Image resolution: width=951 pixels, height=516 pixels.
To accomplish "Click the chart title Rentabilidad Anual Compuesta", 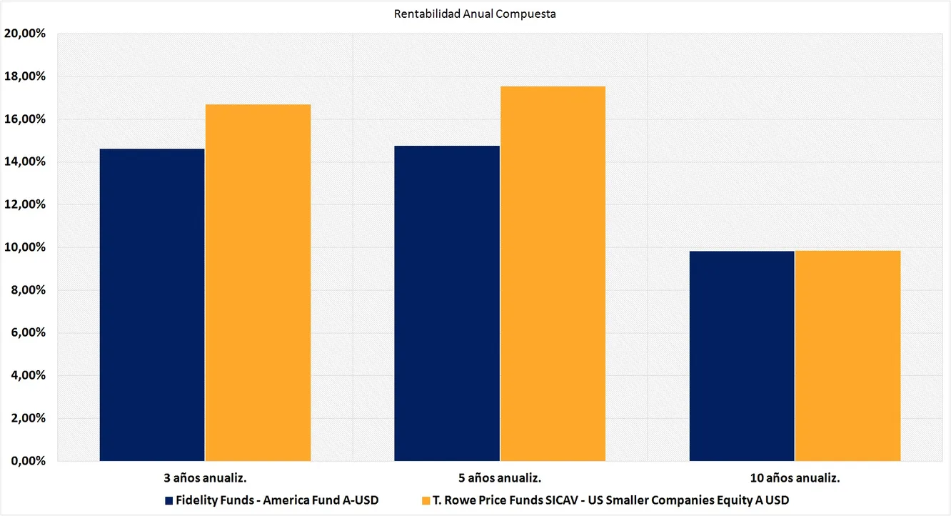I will click(475, 14).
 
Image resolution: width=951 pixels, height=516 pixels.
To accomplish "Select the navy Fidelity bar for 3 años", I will click(152, 304).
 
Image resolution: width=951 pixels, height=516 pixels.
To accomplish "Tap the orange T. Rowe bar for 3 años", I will click(258, 282).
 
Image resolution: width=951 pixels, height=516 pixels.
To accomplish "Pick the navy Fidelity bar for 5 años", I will click(447, 303).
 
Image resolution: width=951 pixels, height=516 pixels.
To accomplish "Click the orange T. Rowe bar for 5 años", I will click(553, 274).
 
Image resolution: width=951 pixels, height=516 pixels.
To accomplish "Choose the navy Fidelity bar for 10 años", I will click(742, 356).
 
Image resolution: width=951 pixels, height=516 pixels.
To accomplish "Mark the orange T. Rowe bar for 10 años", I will click(847, 356).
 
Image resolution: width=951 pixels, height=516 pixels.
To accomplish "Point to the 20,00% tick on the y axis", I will click(25, 34).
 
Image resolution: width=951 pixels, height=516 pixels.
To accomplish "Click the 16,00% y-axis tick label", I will click(25, 119).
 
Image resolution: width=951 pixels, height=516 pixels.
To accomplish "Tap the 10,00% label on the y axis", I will click(25, 247).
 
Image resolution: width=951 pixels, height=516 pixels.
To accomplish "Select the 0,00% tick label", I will click(28, 461).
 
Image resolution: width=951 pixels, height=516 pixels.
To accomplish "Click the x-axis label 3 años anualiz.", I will click(205, 477).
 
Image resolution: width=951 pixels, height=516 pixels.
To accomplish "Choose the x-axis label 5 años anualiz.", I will click(500, 477).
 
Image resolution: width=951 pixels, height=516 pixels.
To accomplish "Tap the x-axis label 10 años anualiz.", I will click(795, 477).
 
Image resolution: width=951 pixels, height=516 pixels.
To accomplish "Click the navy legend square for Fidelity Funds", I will click(169, 500).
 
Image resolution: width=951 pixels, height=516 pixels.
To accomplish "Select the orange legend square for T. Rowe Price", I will click(426, 500).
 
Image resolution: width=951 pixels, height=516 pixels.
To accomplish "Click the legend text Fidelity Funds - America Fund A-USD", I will click(277, 500).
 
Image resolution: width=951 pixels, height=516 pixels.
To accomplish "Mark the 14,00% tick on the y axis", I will click(25, 162).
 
